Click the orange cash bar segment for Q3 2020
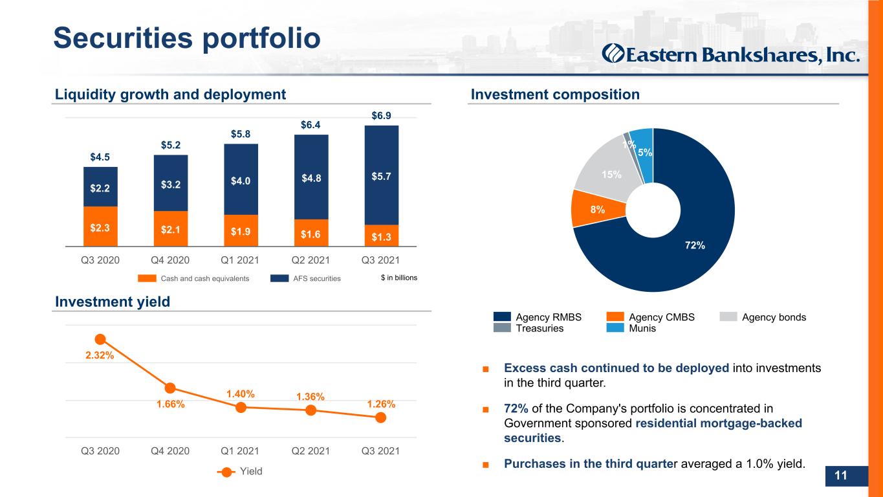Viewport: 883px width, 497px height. pos(100,226)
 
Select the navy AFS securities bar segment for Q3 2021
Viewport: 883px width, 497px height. pos(381,175)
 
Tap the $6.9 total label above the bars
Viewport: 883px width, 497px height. pos(381,116)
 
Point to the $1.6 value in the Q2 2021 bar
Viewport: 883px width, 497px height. pos(311,234)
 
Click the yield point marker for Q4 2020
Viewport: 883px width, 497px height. pos(170,388)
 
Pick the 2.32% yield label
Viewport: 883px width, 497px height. pos(100,355)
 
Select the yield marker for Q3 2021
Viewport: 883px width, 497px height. pos(381,417)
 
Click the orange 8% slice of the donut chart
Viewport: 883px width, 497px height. pos(597,210)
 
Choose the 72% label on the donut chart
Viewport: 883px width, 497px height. pos(695,245)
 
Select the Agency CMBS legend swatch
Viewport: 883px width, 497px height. pos(615,316)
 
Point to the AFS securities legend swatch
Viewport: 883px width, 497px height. pos(279,278)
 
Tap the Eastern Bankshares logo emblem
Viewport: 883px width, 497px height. pos(613,54)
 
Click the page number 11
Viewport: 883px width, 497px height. pos(840,475)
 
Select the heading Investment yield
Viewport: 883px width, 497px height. pos(113,302)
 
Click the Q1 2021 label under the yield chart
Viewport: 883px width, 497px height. pos(240,451)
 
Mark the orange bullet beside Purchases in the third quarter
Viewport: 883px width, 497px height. pos(486,465)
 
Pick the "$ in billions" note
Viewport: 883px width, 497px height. pos(399,278)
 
